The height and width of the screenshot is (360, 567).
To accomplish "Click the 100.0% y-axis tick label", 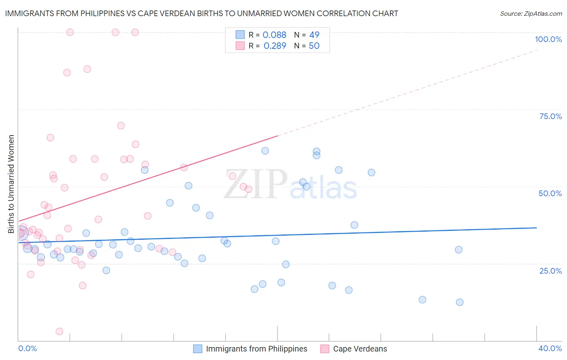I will [548, 39].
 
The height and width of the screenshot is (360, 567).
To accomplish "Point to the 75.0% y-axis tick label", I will [550, 116].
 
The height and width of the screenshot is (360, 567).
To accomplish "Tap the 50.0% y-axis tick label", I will [550, 193].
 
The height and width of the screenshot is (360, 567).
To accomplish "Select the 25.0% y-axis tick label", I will [550, 271].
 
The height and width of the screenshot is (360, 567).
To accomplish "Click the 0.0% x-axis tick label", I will [27, 348].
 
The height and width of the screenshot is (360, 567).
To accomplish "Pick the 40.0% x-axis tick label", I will [550, 348].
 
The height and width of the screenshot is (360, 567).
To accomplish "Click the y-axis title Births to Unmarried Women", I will [11, 184].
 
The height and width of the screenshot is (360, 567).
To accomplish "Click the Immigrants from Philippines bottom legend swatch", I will [198, 349].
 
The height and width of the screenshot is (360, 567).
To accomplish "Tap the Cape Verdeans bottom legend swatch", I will [325, 349].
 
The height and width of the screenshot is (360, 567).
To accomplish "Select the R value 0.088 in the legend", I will [274, 35].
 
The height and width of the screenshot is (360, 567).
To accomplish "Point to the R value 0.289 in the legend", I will [275, 46].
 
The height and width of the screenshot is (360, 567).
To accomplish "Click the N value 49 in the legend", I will [314, 35].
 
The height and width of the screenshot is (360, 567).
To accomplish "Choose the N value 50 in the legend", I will [314, 46].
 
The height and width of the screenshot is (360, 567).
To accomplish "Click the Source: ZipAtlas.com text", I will [531, 14].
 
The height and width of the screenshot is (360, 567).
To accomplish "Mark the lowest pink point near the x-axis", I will [59, 331].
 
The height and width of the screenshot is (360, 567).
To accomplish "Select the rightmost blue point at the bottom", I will [459, 302].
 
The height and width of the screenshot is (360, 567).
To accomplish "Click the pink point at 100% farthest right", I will [135, 32].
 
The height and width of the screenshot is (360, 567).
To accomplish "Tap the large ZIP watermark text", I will [256, 184].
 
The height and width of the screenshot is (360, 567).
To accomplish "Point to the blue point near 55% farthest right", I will [371, 172].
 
